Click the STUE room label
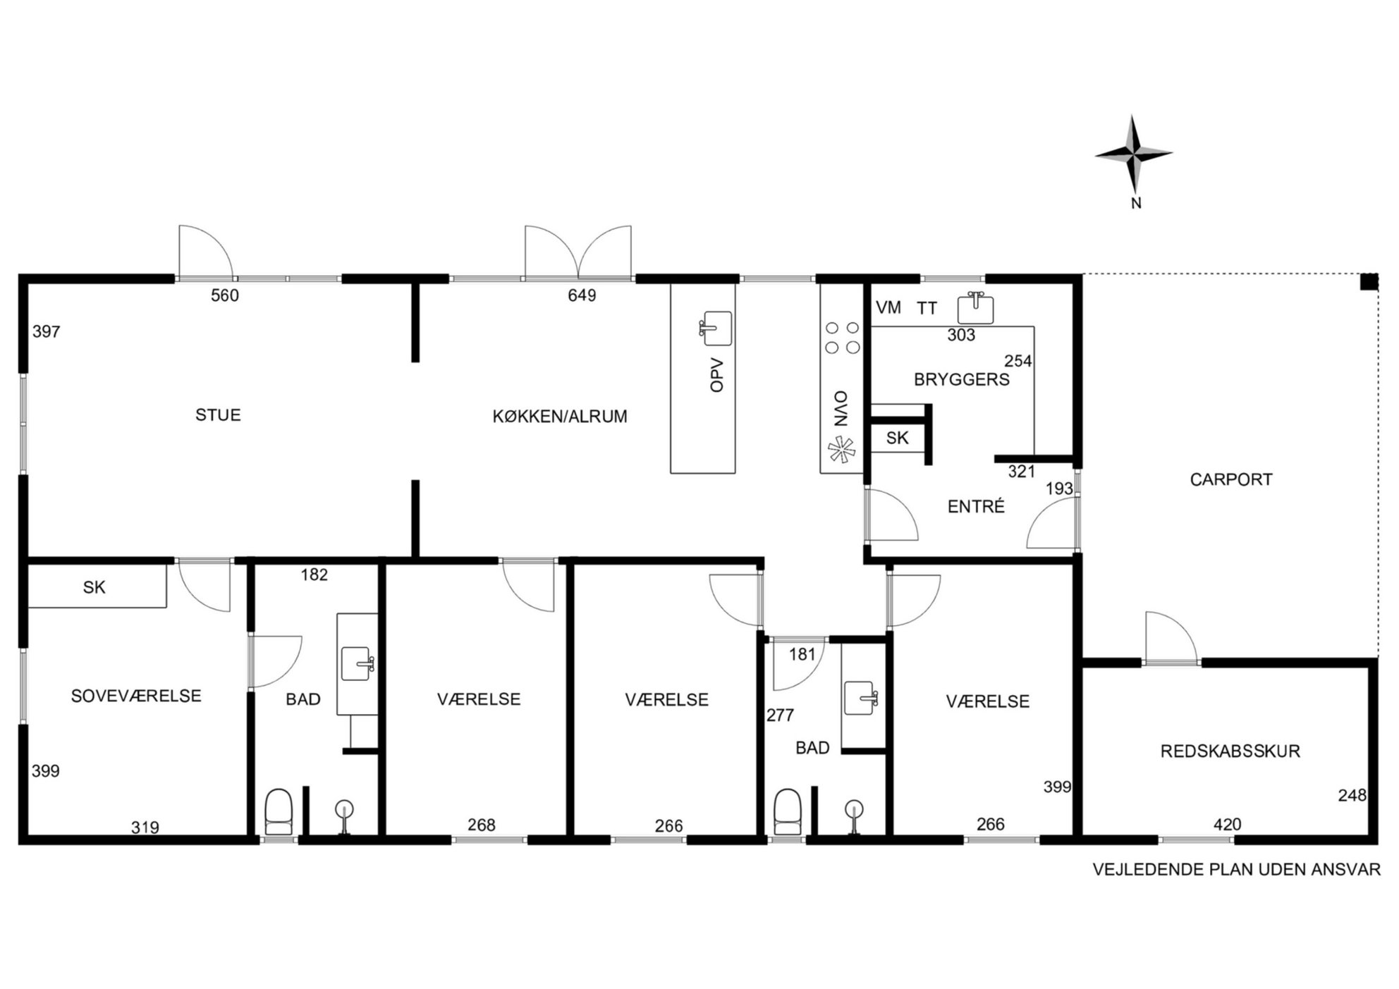pyautogui.click(x=218, y=415)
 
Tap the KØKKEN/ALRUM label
pyautogui.click(x=560, y=417)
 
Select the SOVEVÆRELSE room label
pyautogui.click(x=136, y=696)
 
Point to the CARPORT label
pyautogui.click(x=1231, y=479)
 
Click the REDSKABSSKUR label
pyautogui.click(x=1230, y=751)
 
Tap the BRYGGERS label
pyautogui.click(x=962, y=379)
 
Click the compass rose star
pyautogui.click(x=1134, y=154)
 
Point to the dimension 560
pyautogui.click(x=225, y=295)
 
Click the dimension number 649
pyautogui.click(x=582, y=295)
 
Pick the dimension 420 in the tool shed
pyautogui.click(x=1227, y=824)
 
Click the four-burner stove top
pyautogui.click(x=842, y=337)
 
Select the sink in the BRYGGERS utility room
pyautogui.click(x=975, y=308)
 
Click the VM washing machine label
pyautogui.click(x=888, y=307)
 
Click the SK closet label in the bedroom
pyautogui.click(x=94, y=587)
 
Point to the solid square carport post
pyautogui.click(x=1369, y=282)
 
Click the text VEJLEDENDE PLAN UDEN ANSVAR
pyautogui.click(x=1237, y=869)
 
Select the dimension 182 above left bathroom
pyautogui.click(x=314, y=575)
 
